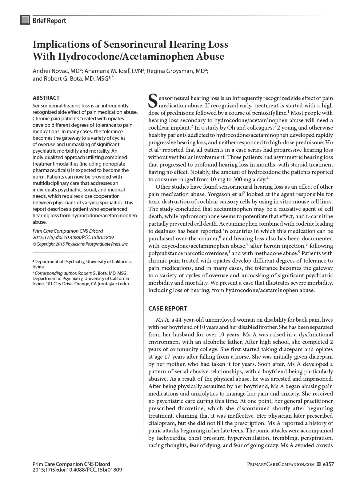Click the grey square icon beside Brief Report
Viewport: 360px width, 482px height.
pos(25,20)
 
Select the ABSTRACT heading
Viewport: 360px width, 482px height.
pos(46,98)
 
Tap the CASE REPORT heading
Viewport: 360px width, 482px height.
pos(168,308)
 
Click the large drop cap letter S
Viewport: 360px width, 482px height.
pos(153,101)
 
